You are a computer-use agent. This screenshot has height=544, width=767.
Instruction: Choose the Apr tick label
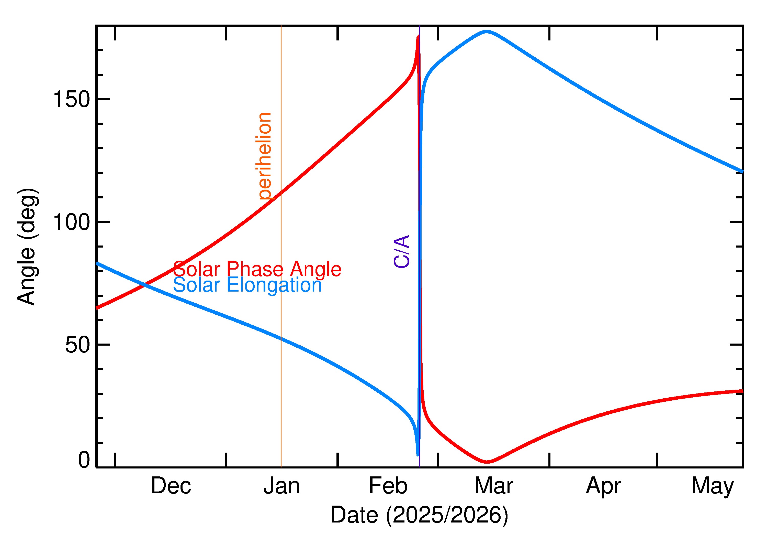[603, 486]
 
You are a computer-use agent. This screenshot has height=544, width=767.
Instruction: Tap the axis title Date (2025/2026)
[419, 515]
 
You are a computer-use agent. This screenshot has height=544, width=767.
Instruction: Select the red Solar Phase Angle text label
[257, 269]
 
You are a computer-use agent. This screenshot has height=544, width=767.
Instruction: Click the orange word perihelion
[265, 156]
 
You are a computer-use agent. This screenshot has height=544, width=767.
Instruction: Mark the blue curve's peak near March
[487, 32]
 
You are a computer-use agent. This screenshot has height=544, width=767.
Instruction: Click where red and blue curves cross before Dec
[144, 285]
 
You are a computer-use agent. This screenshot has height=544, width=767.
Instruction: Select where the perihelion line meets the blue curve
[281, 339]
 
